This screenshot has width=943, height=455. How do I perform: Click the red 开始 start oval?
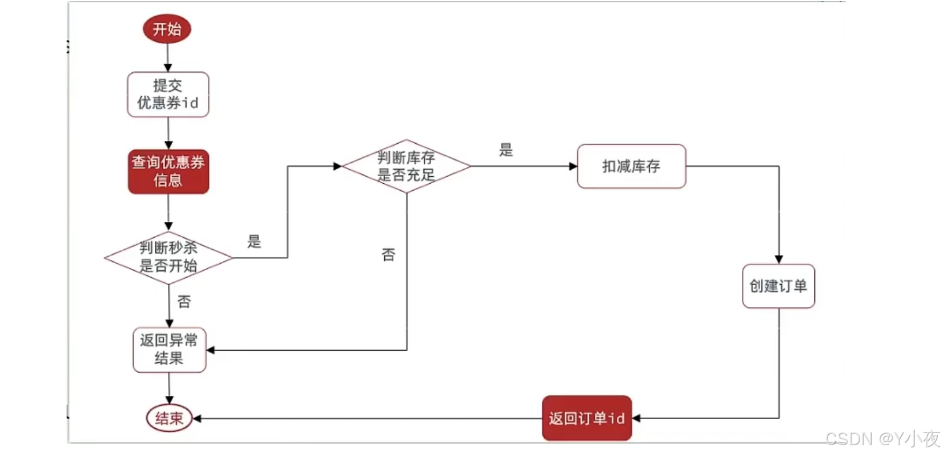tap(167, 29)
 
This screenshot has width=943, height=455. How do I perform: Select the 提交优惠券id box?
tap(168, 94)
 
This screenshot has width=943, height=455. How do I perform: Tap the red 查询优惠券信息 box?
tap(168, 172)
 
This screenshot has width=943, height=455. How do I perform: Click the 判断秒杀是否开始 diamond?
tap(168, 257)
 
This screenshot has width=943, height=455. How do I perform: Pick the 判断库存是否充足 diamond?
tap(406, 166)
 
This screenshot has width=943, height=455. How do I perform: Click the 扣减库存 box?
tap(631, 166)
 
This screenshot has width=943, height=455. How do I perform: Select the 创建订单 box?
tap(778, 286)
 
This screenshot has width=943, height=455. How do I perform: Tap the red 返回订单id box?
tap(587, 418)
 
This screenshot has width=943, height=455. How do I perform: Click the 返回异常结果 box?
tap(169, 350)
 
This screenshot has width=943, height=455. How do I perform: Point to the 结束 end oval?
tap(169, 418)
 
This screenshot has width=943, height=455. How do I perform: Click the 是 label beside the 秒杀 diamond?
tap(254, 242)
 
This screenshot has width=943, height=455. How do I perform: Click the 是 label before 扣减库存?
tap(506, 150)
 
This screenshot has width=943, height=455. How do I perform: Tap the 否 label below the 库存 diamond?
tap(388, 254)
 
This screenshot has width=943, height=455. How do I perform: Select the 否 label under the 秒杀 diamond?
tap(184, 301)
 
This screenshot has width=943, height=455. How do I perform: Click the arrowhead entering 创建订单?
tap(778, 259)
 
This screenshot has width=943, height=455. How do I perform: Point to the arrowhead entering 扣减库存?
tap(573, 166)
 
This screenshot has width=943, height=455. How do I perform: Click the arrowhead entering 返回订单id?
tap(636, 418)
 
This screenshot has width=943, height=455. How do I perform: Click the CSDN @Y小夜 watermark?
tap(882, 439)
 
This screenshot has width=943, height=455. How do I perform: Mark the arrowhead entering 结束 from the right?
tap(197, 418)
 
